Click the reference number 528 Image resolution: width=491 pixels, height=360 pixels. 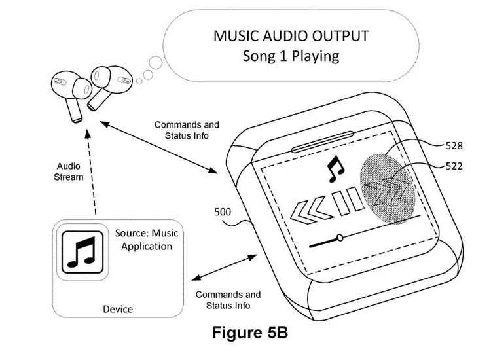click(x=454, y=145)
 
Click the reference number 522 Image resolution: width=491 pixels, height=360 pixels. click(x=454, y=166)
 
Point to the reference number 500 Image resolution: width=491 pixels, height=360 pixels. click(x=223, y=212)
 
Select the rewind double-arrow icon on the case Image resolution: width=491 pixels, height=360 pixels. click(x=311, y=209)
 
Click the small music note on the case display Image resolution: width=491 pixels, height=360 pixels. click(x=335, y=169)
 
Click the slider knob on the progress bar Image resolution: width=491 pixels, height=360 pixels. click(x=340, y=238)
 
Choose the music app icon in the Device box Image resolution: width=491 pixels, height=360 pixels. click(x=82, y=252)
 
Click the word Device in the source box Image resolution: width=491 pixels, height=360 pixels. click(x=118, y=310)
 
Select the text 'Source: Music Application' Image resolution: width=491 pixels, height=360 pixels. click(x=147, y=240)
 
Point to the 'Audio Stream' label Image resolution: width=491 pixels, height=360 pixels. click(x=69, y=171)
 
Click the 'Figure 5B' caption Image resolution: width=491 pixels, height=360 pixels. click(x=250, y=332)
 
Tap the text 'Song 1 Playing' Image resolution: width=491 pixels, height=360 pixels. click(x=291, y=56)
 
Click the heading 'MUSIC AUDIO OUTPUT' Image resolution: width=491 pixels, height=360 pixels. click(x=291, y=36)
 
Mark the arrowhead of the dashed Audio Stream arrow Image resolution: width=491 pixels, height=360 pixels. click(x=88, y=134)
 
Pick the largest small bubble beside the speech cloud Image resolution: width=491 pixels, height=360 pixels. click(x=156, y=63)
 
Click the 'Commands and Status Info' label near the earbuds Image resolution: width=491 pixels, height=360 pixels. click(x=187, y=130)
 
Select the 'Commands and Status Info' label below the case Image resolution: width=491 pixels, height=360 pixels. click(x=228, y=300)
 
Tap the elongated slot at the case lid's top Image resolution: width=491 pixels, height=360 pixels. click(x=322, y=142)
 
